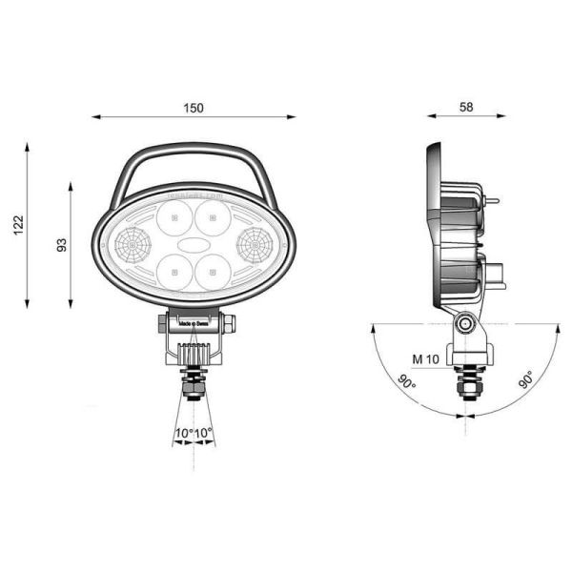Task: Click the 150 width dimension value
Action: click(194, 108)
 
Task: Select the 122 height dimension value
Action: click(18, 225)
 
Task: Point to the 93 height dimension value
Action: click(61, 245)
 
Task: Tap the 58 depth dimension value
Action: click(466, 108)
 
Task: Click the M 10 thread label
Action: click(424, 359)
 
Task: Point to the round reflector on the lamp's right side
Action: click(255, 246)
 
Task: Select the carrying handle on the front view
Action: click(194, 150)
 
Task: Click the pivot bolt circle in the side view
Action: click(466, 325)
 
